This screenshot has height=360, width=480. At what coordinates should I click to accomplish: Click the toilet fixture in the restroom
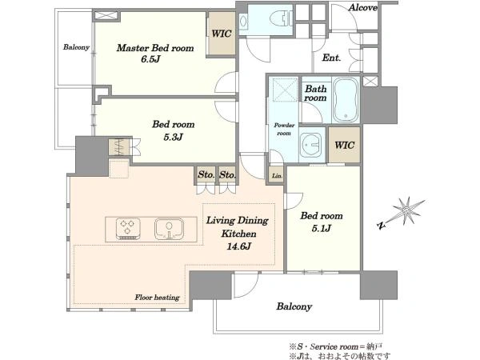tap(281, 19)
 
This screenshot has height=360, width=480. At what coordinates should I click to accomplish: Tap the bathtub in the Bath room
tap(346, 100)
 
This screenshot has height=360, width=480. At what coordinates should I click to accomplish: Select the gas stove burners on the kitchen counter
tap(128, 229)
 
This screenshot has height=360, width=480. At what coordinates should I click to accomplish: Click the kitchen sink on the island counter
tap(169, 229)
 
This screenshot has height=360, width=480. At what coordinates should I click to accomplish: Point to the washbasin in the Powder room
tap(310, 145)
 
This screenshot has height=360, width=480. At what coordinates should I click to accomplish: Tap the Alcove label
tap(362, 7)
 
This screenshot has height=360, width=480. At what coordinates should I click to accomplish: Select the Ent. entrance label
tap(331, 58)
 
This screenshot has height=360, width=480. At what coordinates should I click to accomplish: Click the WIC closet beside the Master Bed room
tap(222, 34)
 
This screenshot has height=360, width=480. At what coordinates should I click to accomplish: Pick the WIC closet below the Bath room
tap(344, 145)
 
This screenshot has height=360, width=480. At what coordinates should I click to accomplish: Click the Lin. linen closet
tap(277, 176)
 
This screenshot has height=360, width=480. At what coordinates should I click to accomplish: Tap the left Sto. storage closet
tap(206, 175)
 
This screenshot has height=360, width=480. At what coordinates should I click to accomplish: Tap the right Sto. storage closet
tap(227, 175)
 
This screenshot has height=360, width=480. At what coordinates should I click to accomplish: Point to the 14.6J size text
tap(238, 246)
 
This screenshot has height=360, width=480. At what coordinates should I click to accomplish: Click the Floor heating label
tap(157, 298)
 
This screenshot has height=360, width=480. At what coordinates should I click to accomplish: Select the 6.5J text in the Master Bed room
tap(150, 59)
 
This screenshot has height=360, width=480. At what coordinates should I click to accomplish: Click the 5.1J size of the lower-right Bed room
tap(322, 228)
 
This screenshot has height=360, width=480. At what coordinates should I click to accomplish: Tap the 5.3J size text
tap(173, 137)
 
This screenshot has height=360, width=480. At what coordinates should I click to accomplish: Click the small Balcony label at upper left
tap(76, 47)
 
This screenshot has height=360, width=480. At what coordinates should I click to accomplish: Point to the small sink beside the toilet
tap(243, 21)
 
